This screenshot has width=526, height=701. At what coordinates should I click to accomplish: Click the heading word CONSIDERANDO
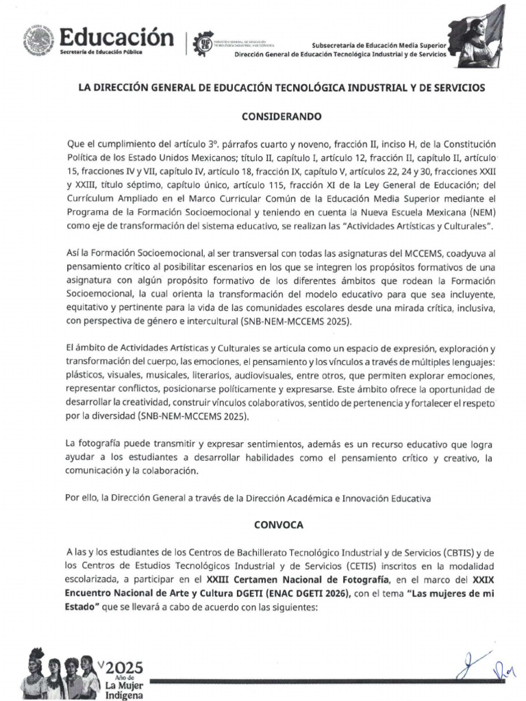pyautogui.click(x=281, y=116)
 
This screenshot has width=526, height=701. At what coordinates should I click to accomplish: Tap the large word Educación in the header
pyautogui.click(x=116, y=36)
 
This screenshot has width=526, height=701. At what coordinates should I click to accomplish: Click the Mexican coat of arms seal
pyautogui.click(x=39, y=40)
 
